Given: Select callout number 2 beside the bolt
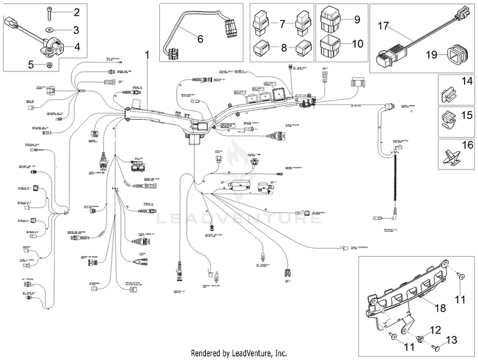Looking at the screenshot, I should pyautogui.click(x=76, y=12).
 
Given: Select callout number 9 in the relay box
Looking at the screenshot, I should pyautogui.click(x=357, y=19).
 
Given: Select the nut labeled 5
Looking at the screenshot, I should pyautogui.click(x=48, y=64).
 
